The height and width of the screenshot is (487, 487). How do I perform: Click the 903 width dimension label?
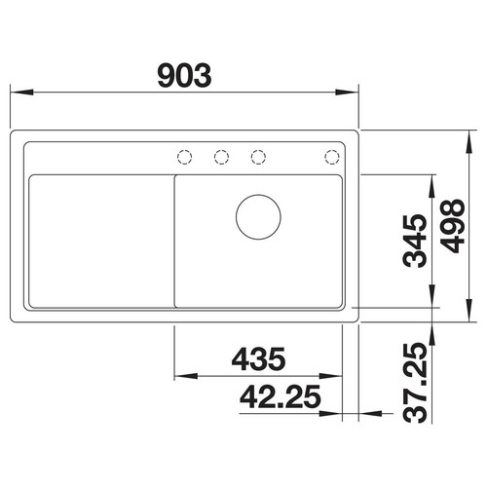click(x=184, y=76)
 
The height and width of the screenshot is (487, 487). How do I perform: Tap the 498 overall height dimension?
click(x=454, y=226)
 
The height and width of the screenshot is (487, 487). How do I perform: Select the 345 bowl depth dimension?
click(x=415, y=241)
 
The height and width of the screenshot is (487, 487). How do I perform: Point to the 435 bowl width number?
click(x=258, y=359)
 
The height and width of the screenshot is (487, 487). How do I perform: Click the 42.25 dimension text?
click(x=281, y=396)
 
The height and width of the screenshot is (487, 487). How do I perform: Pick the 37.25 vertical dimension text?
click(x=415, y=383)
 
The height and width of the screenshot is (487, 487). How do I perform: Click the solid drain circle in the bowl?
click(x=258, y=217)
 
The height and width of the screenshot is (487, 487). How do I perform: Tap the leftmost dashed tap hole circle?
click(x=185, y=157)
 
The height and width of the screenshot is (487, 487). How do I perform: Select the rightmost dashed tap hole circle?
click(x=332, y=157)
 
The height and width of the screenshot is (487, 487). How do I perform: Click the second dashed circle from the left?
click(x=221, y=157)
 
